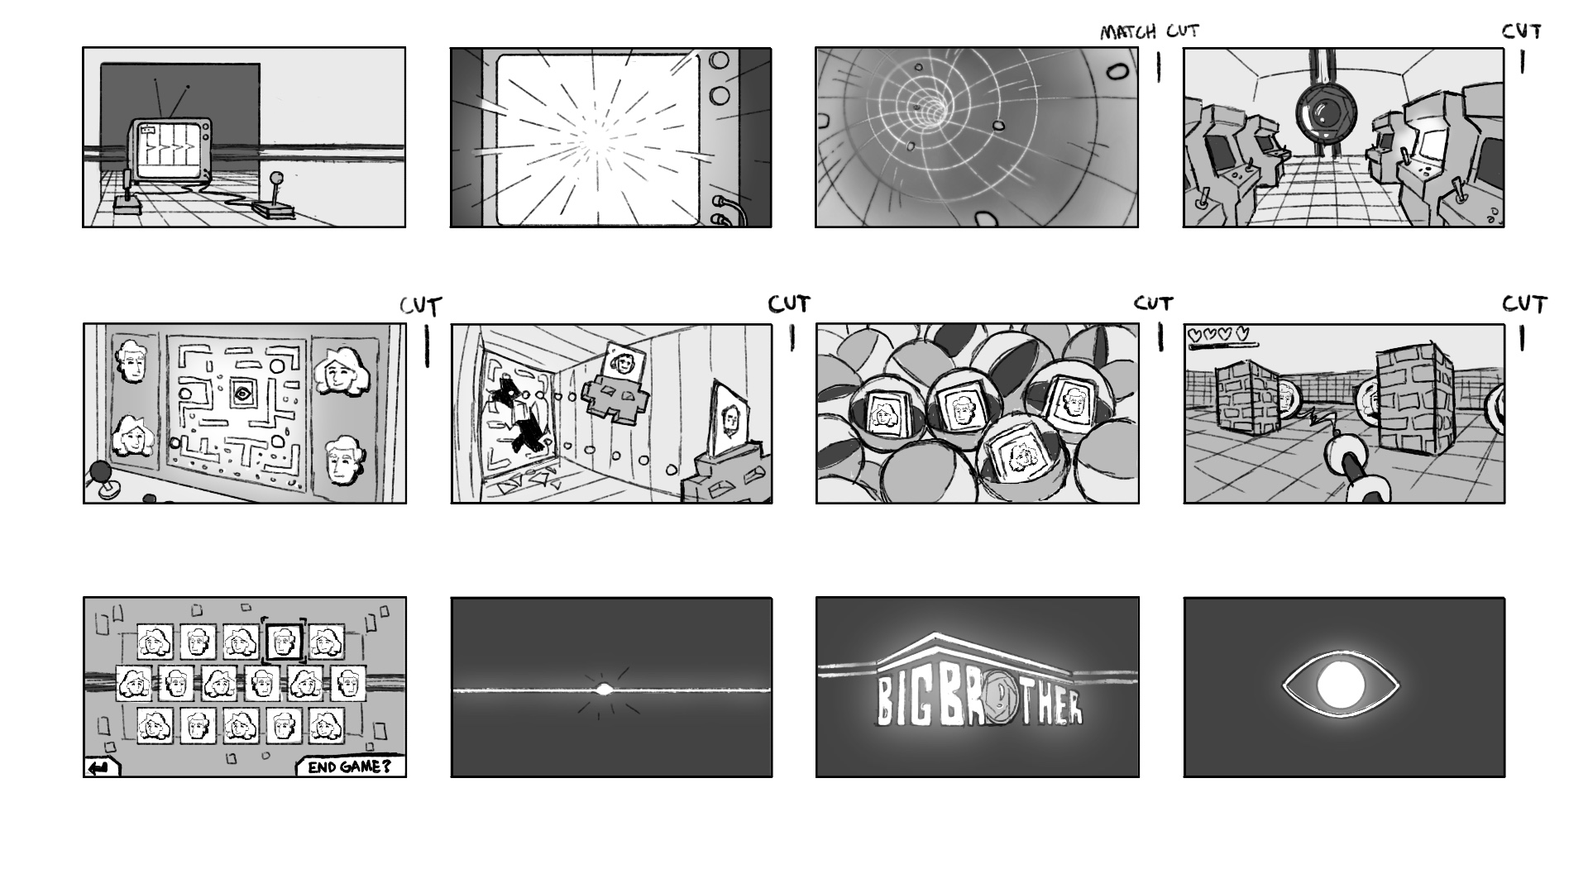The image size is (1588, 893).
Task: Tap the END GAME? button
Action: [350, 766]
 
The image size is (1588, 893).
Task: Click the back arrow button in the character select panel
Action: [101, 768]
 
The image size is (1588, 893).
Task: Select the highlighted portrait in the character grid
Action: [284, 641]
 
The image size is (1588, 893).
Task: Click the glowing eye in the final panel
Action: [1340, 685]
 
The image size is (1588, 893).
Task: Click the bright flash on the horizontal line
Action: [604, 690]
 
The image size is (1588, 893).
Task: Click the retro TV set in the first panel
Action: [170, 149]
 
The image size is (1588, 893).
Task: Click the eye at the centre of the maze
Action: [242, 394]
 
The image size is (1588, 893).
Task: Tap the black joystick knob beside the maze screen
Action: [101, 472]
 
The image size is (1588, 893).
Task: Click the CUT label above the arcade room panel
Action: [1522, 31]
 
